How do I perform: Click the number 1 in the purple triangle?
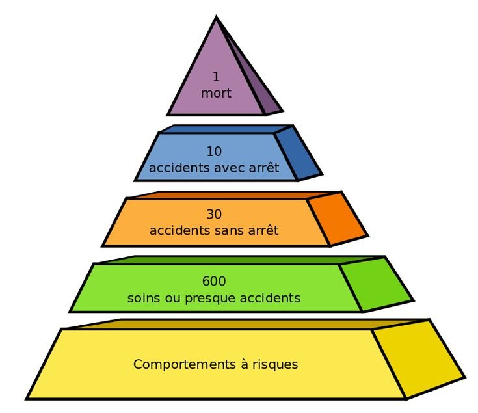coord(216,77)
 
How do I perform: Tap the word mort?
coord(216,93)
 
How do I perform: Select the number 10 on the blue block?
coord(214,152)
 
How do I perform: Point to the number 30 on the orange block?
coord(214,214)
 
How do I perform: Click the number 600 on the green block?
coord(214,282)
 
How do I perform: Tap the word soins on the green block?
coord(143,299)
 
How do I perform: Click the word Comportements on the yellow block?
coord(178,364)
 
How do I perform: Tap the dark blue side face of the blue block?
coord(297,153)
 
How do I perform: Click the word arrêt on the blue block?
coord(263,168)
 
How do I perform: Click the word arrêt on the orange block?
coord(263,230)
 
